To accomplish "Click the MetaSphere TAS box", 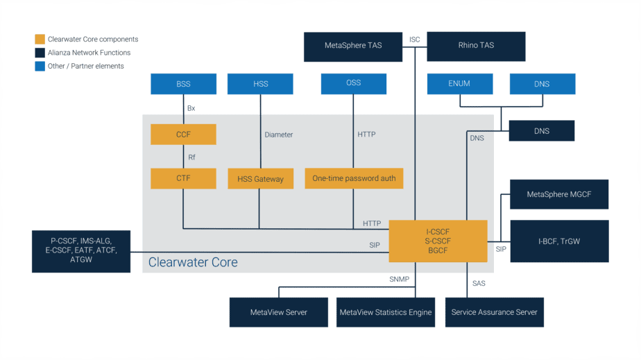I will [x=353, y=46].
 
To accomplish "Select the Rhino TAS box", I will [x=476, y=46].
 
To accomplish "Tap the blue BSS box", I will [x=183, y=84].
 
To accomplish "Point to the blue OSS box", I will [x=353, y=84].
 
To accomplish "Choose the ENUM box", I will [x=459, y=84].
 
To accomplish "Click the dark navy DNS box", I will [x=541, y=131].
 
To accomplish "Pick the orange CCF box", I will [x=183, y=135].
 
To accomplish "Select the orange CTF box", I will [x=183, y=178].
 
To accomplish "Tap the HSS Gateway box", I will [x=260, y=178].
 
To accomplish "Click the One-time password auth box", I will [x=354, y=178].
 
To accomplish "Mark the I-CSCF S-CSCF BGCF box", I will [x=438, y=241].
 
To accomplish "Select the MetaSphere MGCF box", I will [x=558, y=194].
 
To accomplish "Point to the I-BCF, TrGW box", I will [x=558, y=241].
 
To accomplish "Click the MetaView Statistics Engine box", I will [x=385, y=312].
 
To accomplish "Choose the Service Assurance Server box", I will [x=494, y=312].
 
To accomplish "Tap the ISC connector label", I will [x=415, y=40].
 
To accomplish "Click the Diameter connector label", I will [x=279, y=135].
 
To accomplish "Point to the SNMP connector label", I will [x=399, y=280].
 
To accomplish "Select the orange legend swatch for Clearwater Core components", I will [x=40, y=40].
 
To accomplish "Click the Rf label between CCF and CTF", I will [x=191, y=157].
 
